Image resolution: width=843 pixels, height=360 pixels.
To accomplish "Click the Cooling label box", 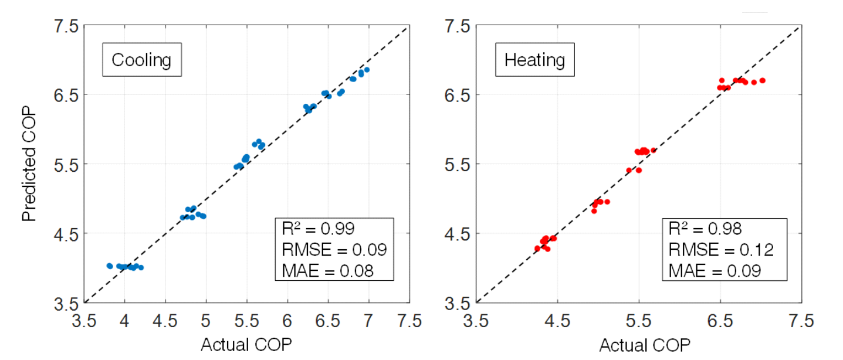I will [x=141, y=60].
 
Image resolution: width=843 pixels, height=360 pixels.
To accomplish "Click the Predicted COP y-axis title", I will [x=29, y=164].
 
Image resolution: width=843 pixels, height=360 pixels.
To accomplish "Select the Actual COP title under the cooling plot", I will [x=246, y=344].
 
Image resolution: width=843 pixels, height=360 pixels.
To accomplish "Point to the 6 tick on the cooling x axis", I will [x=287, y=321].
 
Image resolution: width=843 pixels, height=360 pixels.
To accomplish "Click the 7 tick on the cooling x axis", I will [x=368, y=321].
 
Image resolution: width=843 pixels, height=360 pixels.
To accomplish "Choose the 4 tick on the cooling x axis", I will [x=124, y=321].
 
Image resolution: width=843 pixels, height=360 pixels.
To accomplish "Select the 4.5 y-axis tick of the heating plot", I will [x=457, y=233].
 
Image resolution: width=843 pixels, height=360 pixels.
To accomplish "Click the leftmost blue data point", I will [x=109, y=266].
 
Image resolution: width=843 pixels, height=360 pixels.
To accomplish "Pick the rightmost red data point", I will [x=763, y=80].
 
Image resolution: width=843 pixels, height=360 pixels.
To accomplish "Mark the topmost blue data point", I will [x=367, y=70].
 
